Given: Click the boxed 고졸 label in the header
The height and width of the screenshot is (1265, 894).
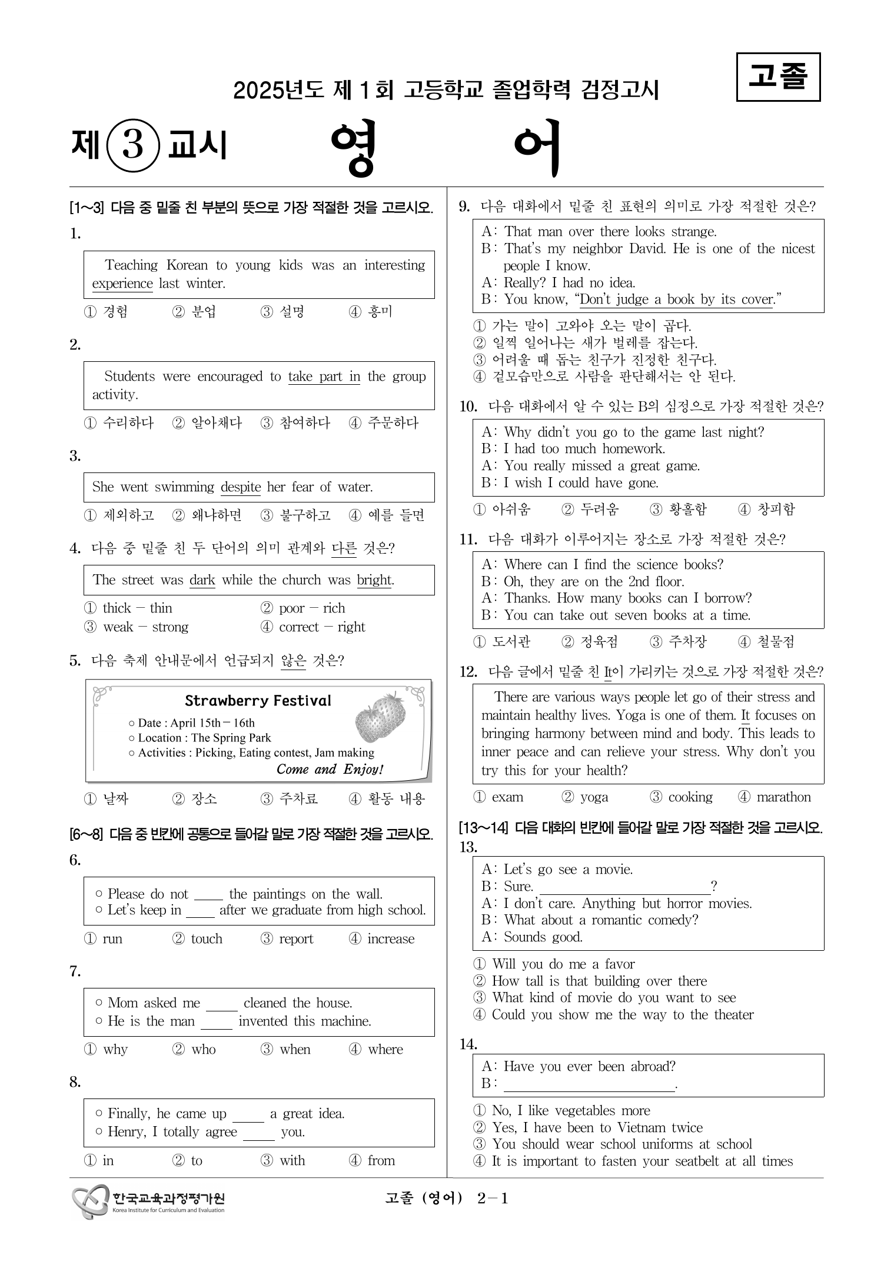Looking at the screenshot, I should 778,77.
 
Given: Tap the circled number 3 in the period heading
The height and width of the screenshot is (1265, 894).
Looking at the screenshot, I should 133,145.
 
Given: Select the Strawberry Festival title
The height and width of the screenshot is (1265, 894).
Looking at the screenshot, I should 258,701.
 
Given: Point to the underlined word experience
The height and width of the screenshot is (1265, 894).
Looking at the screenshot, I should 122,284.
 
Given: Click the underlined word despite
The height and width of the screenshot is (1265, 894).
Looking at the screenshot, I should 240,487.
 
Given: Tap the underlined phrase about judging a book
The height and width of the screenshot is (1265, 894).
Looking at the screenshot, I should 676,299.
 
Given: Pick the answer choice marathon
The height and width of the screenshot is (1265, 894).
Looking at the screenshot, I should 783,797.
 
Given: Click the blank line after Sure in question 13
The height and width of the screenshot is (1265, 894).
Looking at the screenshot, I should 624,887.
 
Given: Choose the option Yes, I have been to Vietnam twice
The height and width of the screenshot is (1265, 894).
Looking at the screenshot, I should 597,1127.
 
